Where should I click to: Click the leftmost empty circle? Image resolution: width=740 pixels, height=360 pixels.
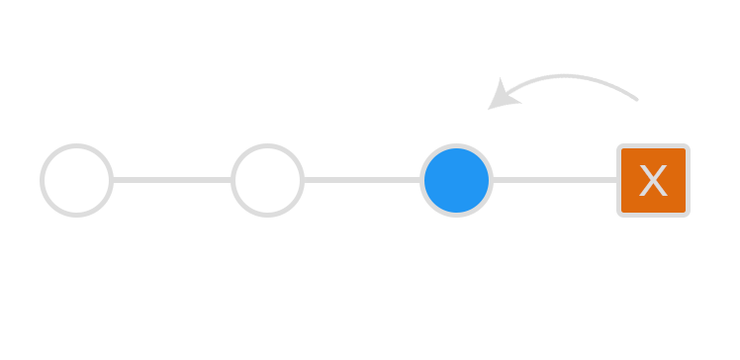coord(76,180)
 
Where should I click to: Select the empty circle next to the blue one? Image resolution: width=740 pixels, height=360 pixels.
coord(267,180)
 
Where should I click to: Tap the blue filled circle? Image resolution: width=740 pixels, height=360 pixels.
coord(456,180)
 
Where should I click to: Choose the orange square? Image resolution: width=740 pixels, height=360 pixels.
coord(653,180)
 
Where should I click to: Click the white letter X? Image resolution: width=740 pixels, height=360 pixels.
coord(653,181)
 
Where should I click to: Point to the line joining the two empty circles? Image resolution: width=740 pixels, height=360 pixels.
coord(171,180)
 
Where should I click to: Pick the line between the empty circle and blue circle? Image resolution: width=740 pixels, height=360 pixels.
coord(361,180)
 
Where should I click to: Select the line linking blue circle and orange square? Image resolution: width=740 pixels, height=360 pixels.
coord(555,180)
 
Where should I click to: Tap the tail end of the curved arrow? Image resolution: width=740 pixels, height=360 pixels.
coord(638,99)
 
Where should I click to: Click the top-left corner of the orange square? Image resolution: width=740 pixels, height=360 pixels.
coord(619,146)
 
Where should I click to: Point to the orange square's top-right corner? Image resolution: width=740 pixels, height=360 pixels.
coord(688,146)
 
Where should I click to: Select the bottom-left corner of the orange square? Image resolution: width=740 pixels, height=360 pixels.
coord(619,215)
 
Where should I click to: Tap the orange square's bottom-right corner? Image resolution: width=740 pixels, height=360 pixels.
coord(688,215)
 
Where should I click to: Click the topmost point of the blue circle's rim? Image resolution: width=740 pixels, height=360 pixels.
coord(456,145)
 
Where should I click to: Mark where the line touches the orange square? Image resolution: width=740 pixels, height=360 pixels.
coord(618,180)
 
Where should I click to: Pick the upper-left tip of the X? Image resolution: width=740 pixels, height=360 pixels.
coord(641,166)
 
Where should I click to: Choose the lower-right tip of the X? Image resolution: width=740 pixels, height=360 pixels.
coord(666,196)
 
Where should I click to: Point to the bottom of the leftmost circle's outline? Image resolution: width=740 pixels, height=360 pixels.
coord(76,214)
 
